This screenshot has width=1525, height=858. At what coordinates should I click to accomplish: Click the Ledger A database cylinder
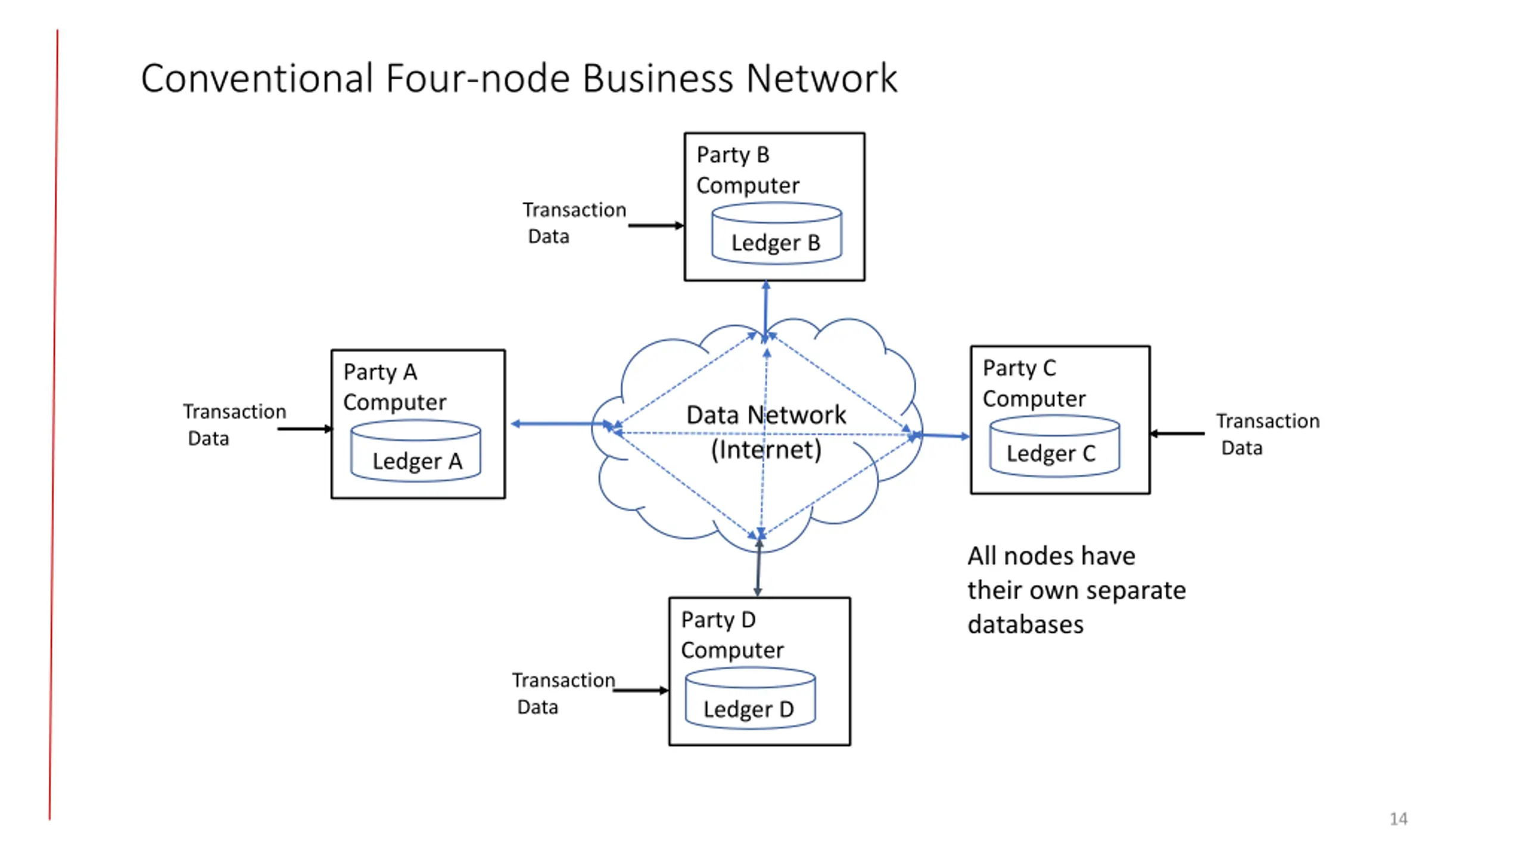pos(415,450)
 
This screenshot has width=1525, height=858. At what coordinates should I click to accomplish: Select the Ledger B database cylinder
pos(777,233)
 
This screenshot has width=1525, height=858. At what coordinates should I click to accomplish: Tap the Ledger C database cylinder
pos(1054,446)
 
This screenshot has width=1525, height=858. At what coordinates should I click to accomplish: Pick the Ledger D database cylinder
pos(750,698)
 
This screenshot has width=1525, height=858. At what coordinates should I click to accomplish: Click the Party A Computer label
pos(394,387)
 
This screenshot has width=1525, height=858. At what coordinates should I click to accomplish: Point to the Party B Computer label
pos(748,170)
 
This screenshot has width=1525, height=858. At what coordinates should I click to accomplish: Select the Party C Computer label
pos(1034,383)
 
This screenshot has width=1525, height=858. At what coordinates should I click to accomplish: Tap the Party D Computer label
pos(732,635)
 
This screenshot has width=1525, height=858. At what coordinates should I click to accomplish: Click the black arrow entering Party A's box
pos(305,428)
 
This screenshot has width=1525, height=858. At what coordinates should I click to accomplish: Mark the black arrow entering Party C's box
pos(1177,433)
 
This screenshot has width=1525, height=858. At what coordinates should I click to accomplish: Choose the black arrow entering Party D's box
pos(641,690)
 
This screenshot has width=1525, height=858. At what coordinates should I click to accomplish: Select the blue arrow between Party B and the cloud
pos(766,311)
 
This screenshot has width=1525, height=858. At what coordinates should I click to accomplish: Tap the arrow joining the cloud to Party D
pos(758,566)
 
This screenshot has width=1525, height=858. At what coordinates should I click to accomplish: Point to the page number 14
pos(1399,819)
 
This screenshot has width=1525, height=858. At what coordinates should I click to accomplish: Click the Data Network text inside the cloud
pos(765,415)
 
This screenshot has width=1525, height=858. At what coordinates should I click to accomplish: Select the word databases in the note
pos(1025,624)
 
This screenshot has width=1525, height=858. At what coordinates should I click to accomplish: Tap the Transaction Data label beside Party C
pos(1268,434)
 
